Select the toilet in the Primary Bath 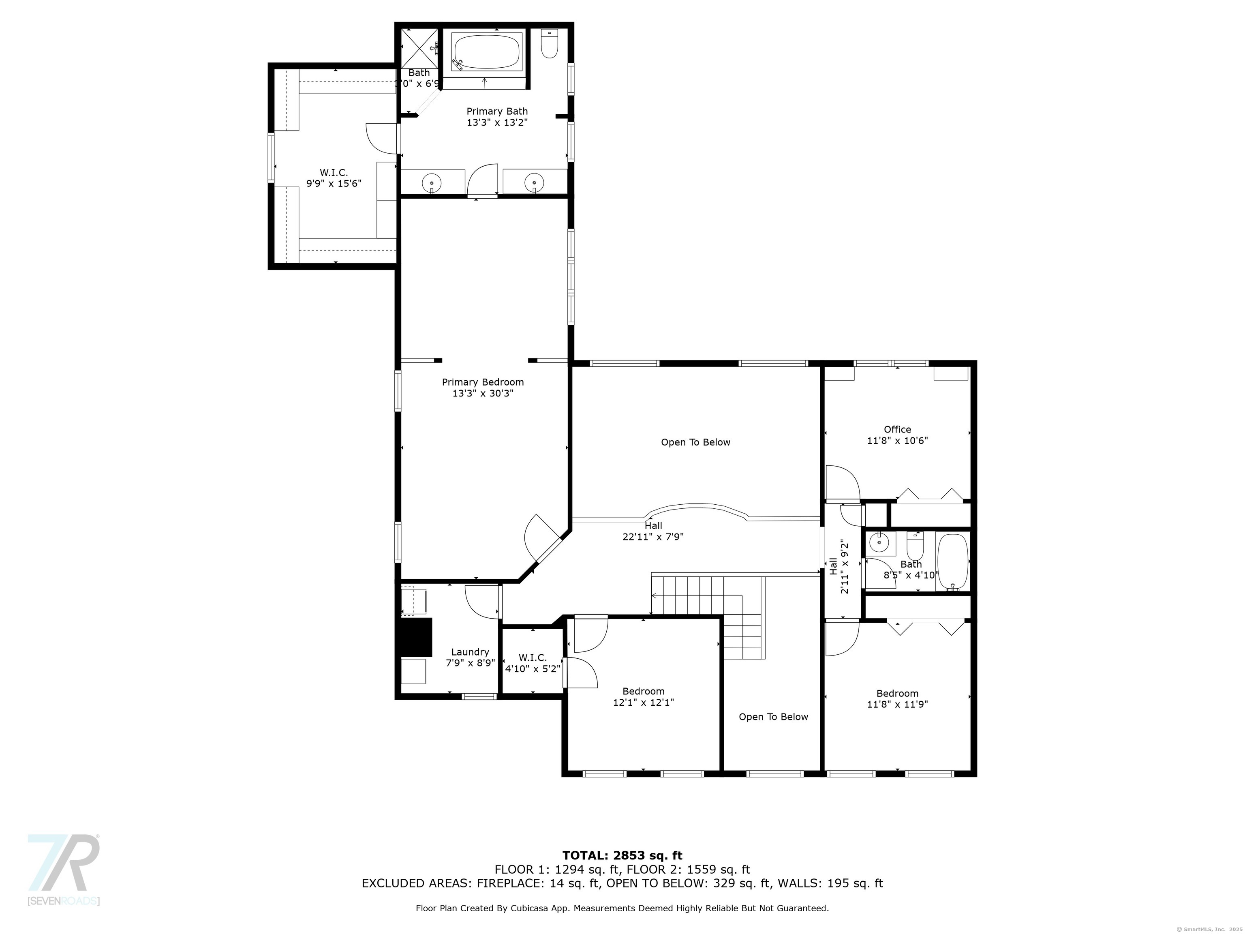click(x=549, y=44)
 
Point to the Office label click(x=897, y=430)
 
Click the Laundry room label click(x=470, y=652)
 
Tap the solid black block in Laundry click(x=415, y=637)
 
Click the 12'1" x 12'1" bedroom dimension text click(x=643, y=703)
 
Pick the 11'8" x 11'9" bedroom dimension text click(x=897, y=704)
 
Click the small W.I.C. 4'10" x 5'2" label click(x=533, y=663)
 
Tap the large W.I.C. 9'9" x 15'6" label click(x=334, y=178)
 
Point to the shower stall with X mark click(x=419, y=48)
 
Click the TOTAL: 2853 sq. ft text click(x=622, y=856)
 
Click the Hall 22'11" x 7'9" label click(x=653, y=531)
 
